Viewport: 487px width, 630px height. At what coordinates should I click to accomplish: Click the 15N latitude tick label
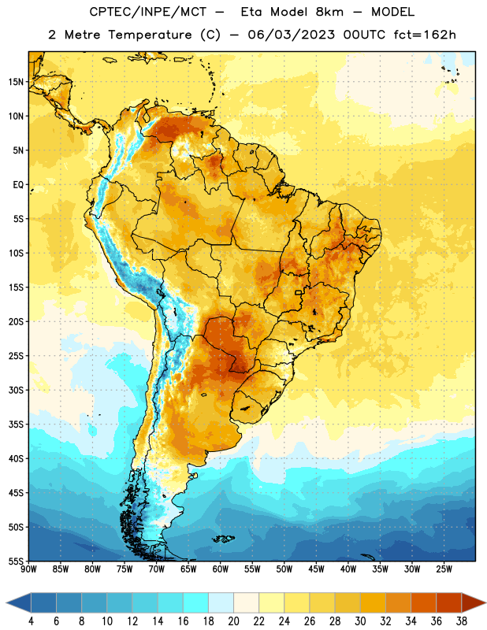tap(16, 82)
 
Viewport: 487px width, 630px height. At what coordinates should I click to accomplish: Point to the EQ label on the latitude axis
tap(18, 185)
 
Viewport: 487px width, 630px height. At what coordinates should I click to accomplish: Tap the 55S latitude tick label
tap(16, 561)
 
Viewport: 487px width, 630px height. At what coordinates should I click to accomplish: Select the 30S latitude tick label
tap(16, 390)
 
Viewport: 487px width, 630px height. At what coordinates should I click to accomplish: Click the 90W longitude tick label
tap(28, 569)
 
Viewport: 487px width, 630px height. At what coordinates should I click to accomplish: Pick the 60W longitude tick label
tap(221, 569)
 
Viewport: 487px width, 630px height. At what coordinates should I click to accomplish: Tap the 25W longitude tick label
tap(444, 569)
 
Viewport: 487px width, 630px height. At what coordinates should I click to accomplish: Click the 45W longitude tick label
tap(316, 569)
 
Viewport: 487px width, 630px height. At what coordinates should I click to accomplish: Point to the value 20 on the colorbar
tap(233, 621)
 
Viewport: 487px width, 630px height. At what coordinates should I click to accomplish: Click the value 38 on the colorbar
tap(462, 621)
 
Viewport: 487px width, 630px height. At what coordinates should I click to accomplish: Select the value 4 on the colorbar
tap(31, 621)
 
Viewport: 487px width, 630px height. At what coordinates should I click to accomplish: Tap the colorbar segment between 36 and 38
tap(449, 602)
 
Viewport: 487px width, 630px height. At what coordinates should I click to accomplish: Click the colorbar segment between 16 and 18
tap(196, 602)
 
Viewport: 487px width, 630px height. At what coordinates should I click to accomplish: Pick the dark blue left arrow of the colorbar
tap(18, 602)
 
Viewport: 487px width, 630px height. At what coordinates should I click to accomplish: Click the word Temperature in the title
tap(150, 35)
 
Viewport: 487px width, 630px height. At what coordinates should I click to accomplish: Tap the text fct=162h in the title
tap(425, 35)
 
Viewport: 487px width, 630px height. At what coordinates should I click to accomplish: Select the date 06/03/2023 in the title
tap(291, 35)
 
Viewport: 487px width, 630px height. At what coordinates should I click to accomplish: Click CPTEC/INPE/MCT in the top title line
tap(147, 12)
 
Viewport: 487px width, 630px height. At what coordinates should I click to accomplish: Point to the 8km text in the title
tap(329, 12)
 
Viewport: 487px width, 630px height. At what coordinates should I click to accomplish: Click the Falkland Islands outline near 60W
tap(223, 539)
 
